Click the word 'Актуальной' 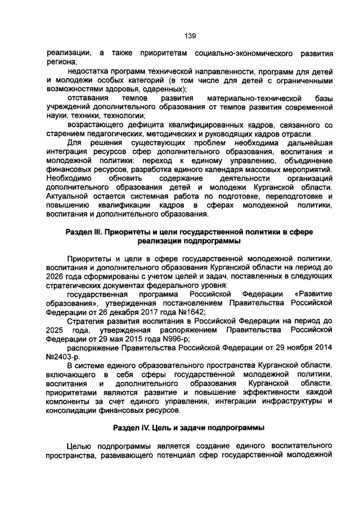71,196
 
